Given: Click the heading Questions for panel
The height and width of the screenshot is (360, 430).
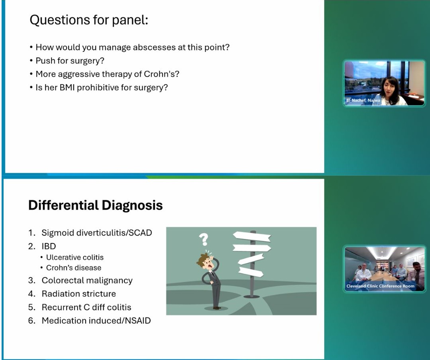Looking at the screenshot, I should click(88, 20).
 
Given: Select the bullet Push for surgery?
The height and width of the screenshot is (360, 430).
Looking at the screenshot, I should click(70, 61).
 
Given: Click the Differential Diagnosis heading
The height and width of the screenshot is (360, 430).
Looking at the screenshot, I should click(95, 205).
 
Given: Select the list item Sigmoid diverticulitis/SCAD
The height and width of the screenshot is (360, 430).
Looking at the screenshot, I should click(96, 233).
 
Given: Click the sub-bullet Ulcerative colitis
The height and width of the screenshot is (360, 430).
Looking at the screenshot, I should click(75, 257).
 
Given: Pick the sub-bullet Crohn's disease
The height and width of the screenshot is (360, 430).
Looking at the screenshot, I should click(73, 268).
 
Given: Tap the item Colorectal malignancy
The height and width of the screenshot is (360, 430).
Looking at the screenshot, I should click(87, 280).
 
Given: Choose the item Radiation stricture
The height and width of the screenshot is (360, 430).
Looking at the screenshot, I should click(79, 294).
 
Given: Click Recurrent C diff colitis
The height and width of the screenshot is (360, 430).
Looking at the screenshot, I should click(86, 307).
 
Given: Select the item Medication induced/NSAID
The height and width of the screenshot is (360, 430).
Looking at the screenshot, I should click(96, 321).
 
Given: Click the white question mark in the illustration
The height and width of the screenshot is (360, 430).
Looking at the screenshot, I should click(204, 239).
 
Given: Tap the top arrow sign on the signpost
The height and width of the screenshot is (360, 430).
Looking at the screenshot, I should click(251, 237).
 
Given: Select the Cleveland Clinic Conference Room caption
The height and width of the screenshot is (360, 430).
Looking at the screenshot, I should click(380, 286).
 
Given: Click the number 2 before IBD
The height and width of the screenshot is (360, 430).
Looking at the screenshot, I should click(31, 246).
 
